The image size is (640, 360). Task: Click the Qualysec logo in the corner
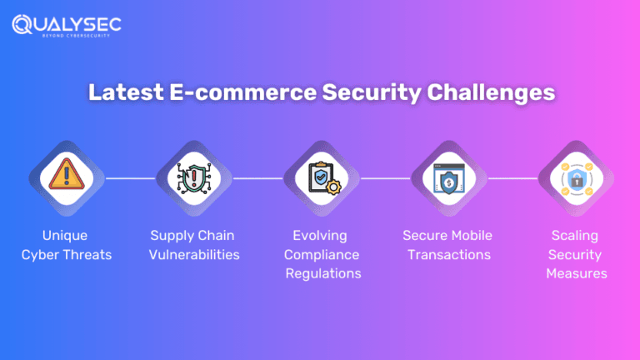[66, 24]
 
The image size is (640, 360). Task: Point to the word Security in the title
[366, 93]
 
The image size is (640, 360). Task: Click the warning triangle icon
[66, 177]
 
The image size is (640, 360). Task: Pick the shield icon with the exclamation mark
[193, 177]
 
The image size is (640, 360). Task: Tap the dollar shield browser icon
[448, 177]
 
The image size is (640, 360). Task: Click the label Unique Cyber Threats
[66, 245]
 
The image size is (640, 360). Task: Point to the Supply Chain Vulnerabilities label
[194, 245]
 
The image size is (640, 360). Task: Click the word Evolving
[320, 236]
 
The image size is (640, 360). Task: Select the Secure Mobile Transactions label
[448, 245]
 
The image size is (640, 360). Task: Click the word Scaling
[574, 236]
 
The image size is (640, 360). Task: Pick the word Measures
[576, 273]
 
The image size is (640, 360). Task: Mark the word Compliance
[320, 254]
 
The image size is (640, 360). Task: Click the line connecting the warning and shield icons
[129, 177]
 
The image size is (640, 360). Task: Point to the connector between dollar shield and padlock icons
[512, 177]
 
